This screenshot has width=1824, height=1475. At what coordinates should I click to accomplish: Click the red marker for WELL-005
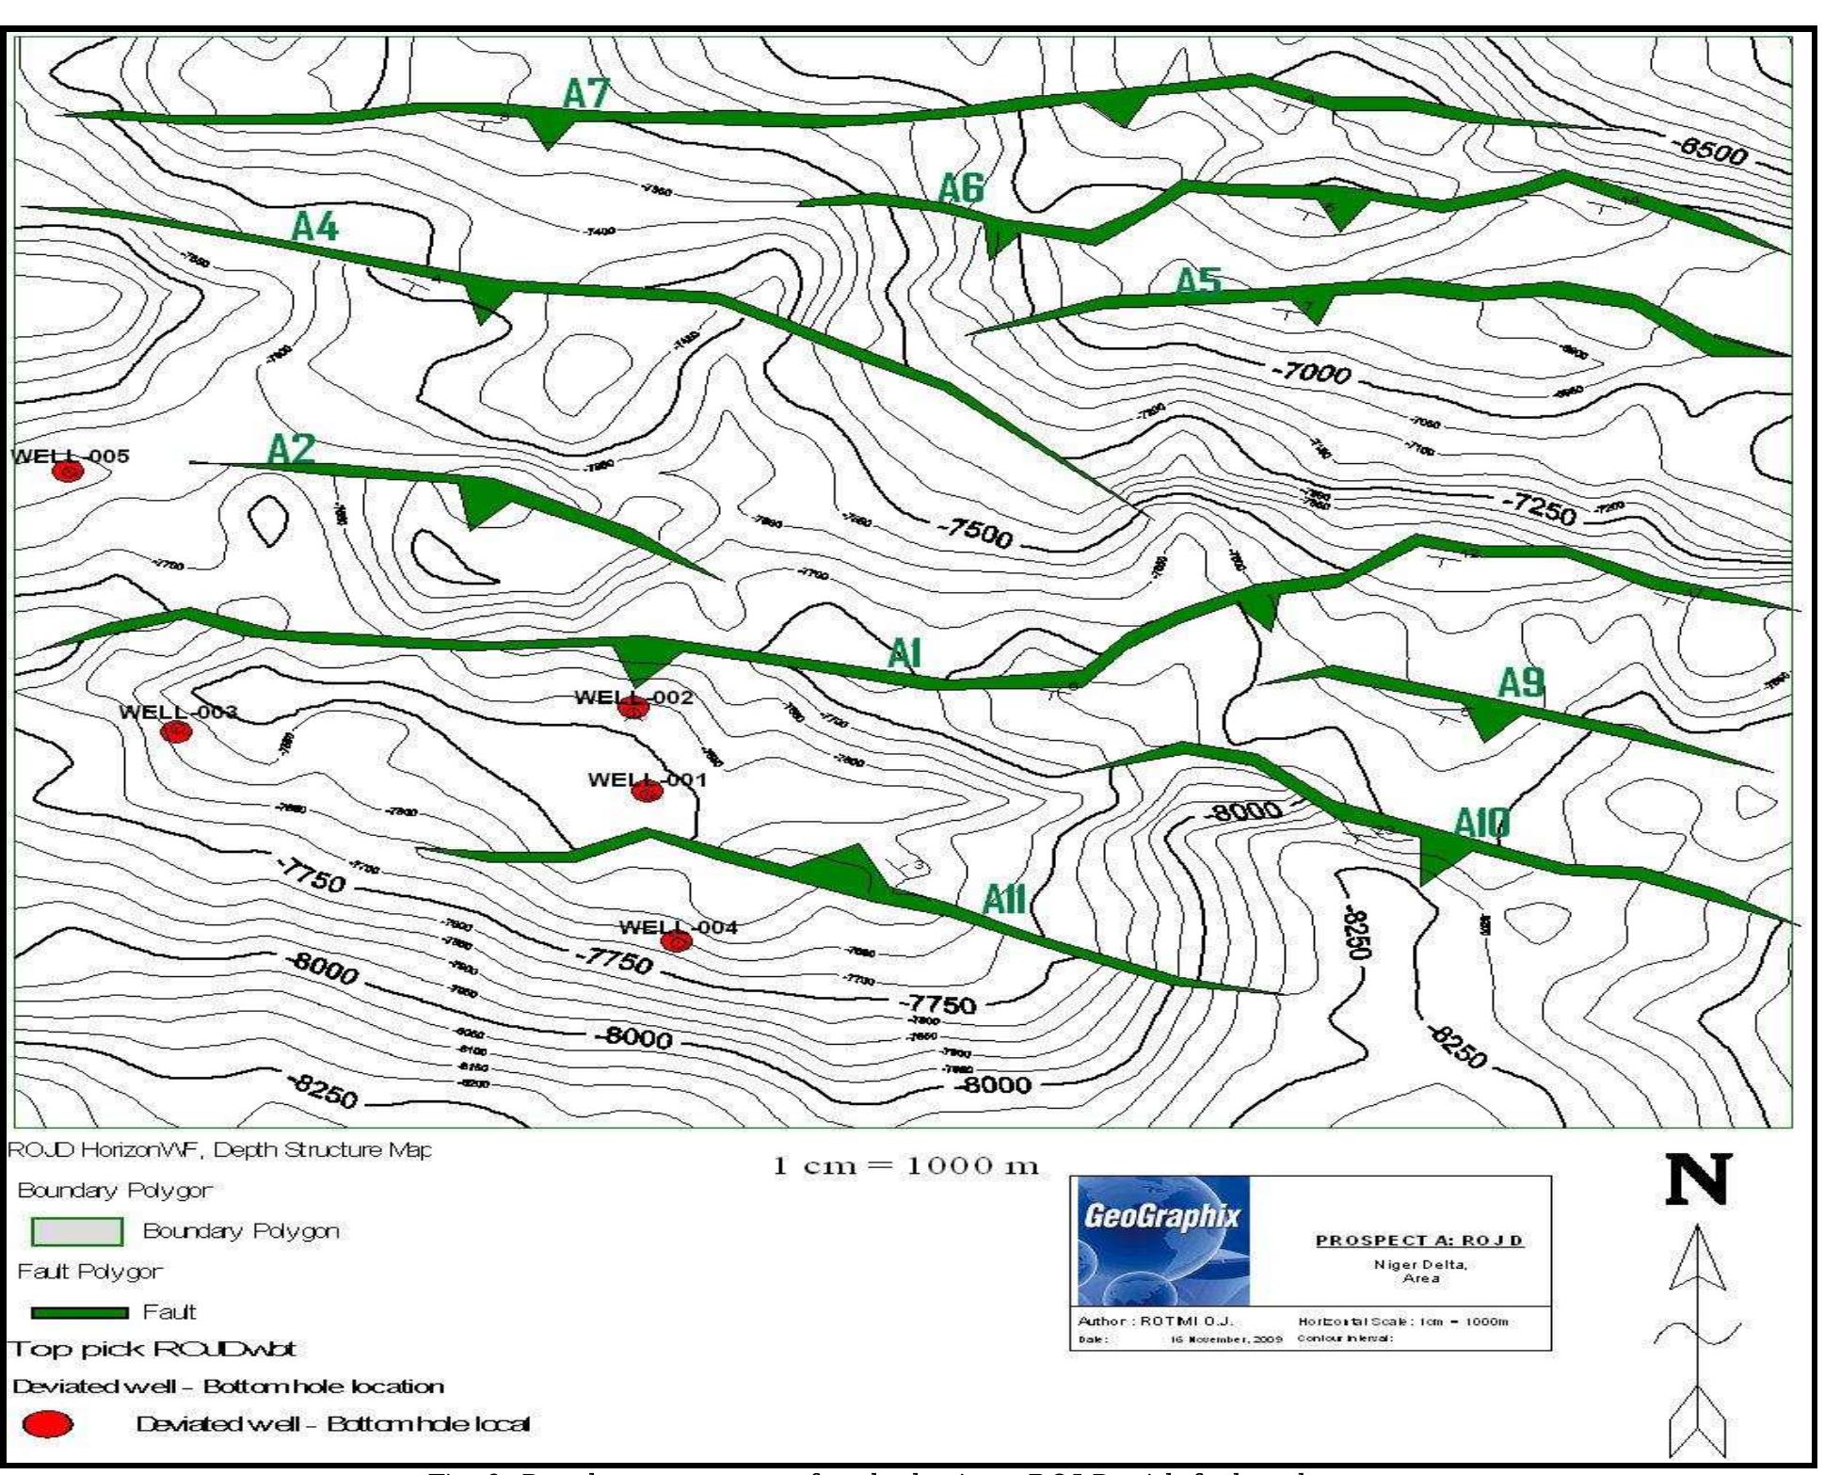pos(67,472)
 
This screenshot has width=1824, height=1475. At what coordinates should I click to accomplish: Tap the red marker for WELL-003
pos(176,731)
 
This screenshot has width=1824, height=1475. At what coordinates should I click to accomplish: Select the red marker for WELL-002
pos(633,708)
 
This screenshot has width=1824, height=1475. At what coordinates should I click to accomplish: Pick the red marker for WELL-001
pos(648,791)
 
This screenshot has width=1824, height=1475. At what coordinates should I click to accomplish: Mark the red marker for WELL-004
pos(677,940)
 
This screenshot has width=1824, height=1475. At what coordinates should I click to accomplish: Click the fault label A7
pos(586,94)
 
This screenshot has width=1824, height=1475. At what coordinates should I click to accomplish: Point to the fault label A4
pos(314,227)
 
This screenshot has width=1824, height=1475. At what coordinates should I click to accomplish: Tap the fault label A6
pos(961,189)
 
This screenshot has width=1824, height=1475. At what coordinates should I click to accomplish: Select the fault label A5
pos(1199,281)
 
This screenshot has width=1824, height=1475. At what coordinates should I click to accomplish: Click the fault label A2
pos(291,450)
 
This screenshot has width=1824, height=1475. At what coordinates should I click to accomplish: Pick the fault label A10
pos(1481,824)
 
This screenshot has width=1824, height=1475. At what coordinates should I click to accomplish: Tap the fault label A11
pos(1003,901)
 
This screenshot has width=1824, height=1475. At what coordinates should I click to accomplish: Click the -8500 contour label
pos(1709,151)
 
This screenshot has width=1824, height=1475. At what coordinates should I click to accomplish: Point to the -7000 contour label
pos(1311,373)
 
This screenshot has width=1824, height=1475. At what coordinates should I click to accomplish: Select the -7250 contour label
pos(1538,508)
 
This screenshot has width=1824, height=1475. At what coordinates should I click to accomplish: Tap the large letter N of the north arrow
pos(1698,1179)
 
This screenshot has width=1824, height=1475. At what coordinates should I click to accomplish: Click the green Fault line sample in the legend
pos(80,1312)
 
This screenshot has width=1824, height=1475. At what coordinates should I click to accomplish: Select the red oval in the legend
pos(47,1424)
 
